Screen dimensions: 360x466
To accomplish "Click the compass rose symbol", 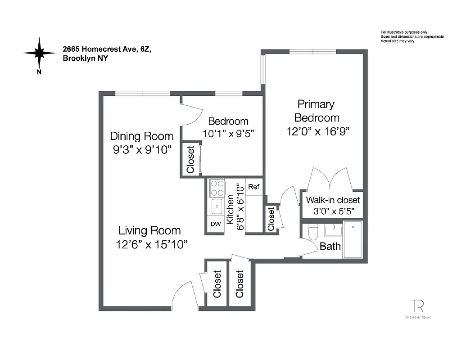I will pyautogui.click(x=40, y=52).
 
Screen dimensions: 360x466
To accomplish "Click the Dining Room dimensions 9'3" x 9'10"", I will pyautogui.click(x=142, y=150).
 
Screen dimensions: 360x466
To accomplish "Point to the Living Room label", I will pyautogui.click(x=149, y=231).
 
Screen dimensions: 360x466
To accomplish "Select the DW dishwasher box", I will pyautogui.click(x=216, y=224).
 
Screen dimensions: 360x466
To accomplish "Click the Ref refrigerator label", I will pyautogui.click(x=254, y=187).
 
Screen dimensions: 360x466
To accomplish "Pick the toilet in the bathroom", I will pyautogui.click(x=313, y=232).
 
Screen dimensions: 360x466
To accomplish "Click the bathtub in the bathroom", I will pyautogui.click(x=353, y=239).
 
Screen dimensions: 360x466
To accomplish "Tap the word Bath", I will pyautogui.click(x=330, y=247).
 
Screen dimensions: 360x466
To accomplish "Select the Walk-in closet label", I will pyautogui.click(x=333, y=200).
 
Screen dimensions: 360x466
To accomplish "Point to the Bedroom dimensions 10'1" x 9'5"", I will pyautogui.click(x=228, y=134).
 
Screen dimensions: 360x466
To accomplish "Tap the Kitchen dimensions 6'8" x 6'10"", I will pyautogui.click(x=241, y=207).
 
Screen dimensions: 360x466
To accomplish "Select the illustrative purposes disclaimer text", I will pyautogui.click(x=412, y=36).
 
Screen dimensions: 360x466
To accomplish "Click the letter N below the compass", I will pyautogui.click(x=40, y=72).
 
